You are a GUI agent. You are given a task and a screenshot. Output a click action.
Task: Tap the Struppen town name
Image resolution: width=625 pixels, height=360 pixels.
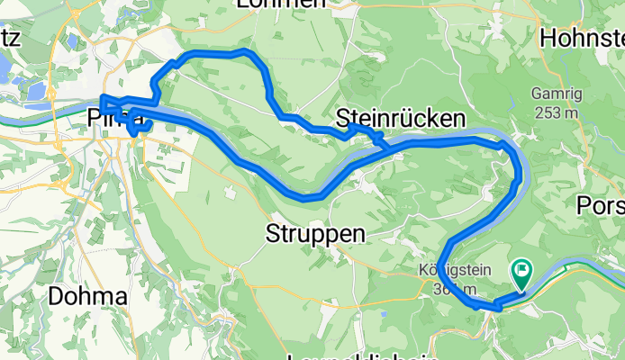[x=316, y=234]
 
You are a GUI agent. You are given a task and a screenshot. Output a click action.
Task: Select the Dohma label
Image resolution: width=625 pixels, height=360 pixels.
[x=87, y=295]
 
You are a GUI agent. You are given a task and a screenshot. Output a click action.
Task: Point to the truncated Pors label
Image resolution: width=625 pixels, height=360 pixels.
[x=600, y=205]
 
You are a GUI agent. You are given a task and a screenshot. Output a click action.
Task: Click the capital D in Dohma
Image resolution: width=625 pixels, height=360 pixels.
[x=56, y=295]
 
